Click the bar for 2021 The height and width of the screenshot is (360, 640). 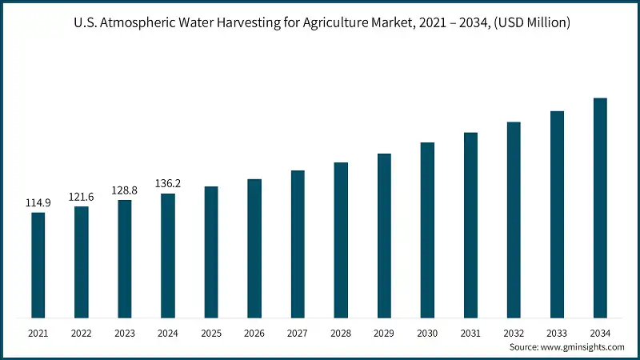pyautogui.click(x=38, y=265)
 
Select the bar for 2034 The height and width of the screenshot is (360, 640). pyautogui.click(x=600, y=208)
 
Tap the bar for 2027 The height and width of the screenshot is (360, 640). pyautogui.click(x=298, y=244)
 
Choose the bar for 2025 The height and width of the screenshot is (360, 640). pyautogui.click(x=211, y=252)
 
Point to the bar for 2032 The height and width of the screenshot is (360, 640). pyautogui.click(x=514, y=220)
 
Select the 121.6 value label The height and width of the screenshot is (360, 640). pyautogui.click(x=82, y=197)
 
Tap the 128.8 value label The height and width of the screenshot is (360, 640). pyautogui.click(x=125, y=190)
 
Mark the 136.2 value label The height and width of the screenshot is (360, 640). pyautogui.click(x=168, y=183)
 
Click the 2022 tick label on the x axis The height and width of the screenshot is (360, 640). pyautogui.click(x=82, y=332)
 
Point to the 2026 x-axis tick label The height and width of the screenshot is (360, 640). pyautogui.click(x=254, y=332)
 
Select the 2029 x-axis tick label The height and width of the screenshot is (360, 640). pyautogui.click(x=384, y=332)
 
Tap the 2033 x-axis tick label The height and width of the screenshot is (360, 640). pyautogui.click(x=557, y=332)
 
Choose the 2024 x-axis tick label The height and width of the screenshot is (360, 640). pyautogui.click(x=168, y=332)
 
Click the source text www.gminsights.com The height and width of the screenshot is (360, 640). pyautogui.click(x=583, y=347)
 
